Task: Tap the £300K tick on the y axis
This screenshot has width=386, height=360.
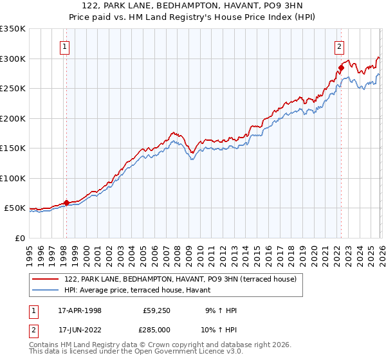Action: pyautogui.click(x=13, y=59)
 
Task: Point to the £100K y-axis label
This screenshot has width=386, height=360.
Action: pyautogui.click(x=13, y=178)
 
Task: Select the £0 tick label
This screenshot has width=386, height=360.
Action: pyautogui.click(x=19, y=238)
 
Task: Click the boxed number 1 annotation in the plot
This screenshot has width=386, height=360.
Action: pyautogui.click(x=66, y=46)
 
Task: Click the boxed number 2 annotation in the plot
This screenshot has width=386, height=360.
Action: pyautogui.click(x=338, y=46)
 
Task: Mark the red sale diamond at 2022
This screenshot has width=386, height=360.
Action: pyautogui.click(x=341, y=67)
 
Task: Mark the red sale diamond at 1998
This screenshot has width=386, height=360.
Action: pyautogui.click(x=66, y=203)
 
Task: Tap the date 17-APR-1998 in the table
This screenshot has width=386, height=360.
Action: pyautogui.click(x=80, y=311)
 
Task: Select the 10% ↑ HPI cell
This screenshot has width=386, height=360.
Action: pyautogui.click(x=220, y=330)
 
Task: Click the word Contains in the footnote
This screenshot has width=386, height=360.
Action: pyautogui.click(x=44, y=345)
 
